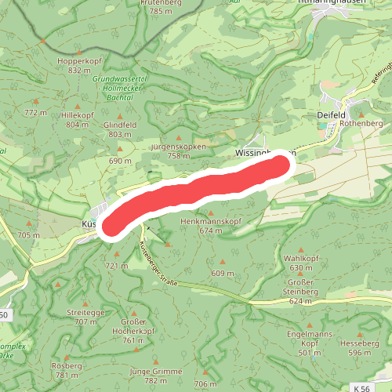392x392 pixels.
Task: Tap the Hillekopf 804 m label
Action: click(x=78, y=114)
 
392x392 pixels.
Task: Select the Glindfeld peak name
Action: click(x=119, y=125)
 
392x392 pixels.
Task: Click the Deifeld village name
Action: click(x=332, y=114)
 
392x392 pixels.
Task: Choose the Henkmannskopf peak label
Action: click(x=209, y=222)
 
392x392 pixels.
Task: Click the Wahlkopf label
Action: click(x=300, y=258)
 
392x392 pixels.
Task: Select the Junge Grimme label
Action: click(x=155, y=371)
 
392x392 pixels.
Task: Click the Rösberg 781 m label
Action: click(x=66, y=366)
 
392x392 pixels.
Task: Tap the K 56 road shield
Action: click(x=361, y=387)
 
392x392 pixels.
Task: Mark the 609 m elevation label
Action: click(x=223, y=273)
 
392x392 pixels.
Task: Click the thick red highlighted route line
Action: click(x=196, y=192)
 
